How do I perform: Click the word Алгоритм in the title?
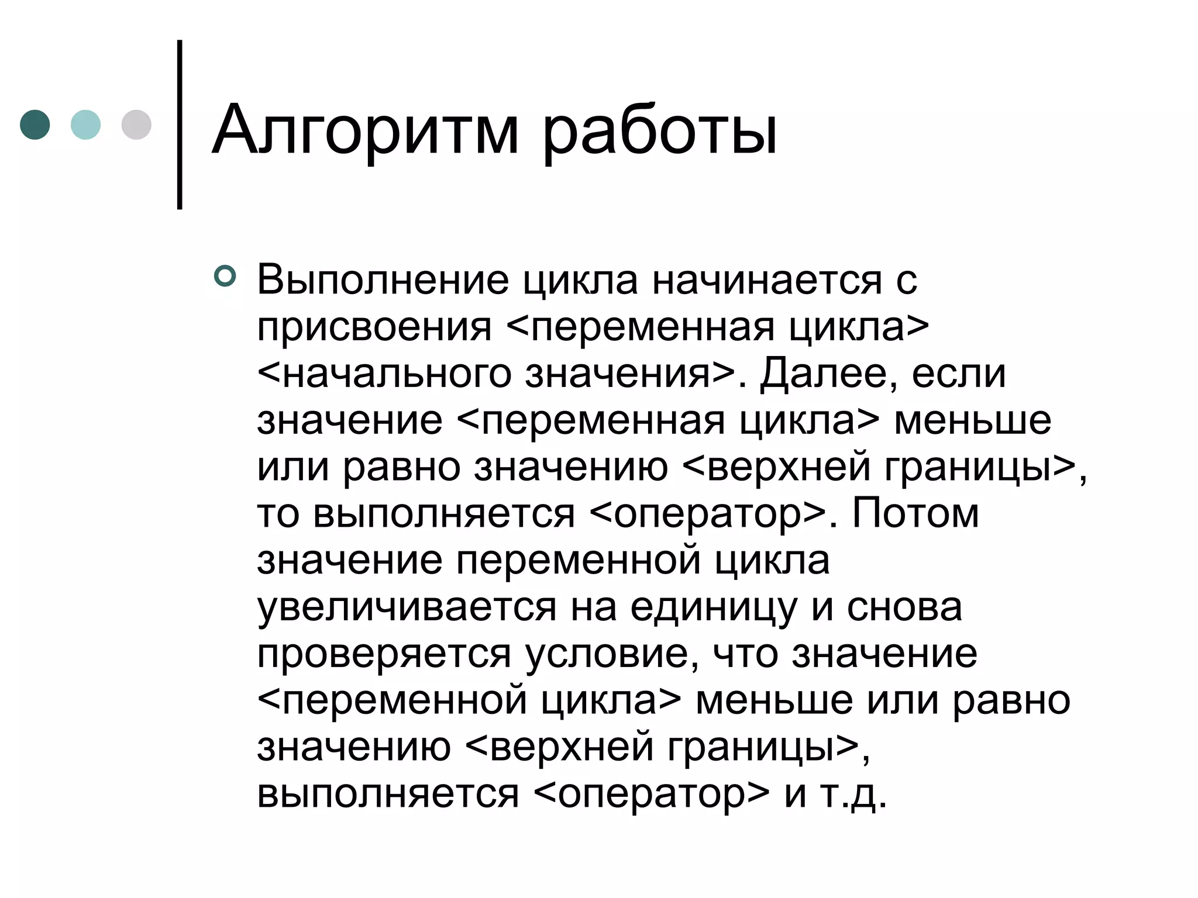tap(365, 130)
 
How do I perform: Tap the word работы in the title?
tap(660, 132)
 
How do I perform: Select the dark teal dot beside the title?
tap(35, 125)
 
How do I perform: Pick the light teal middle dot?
tap(85, 125)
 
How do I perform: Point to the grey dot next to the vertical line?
tap(136, 125)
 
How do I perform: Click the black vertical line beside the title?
tap(180, 125)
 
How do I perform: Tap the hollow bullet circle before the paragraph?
tap(225, 276)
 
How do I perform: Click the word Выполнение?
tap(383, 281)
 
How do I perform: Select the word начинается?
tap(766, 281)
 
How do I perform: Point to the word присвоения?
tap(374, 327)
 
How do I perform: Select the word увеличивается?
tap(407, 608)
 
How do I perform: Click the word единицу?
tap(714, 608)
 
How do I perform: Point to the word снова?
tap(904, 608)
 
